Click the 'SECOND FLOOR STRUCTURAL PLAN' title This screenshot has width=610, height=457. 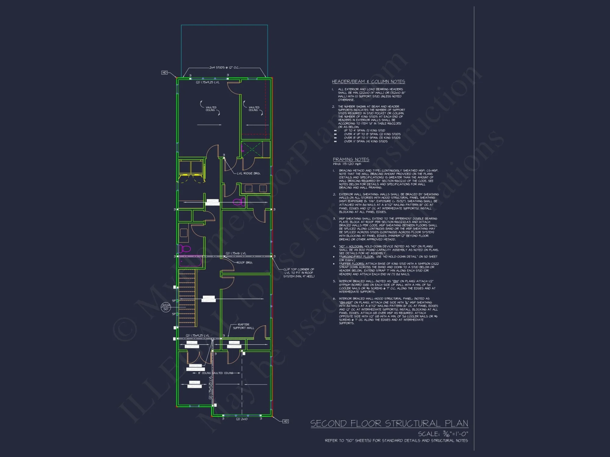click(x=389, y=423)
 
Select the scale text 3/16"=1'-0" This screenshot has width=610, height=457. click(x=443, y=434)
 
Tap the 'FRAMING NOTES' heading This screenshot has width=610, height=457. click(x=351, y=159)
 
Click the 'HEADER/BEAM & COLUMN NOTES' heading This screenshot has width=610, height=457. click(x=368, y=81)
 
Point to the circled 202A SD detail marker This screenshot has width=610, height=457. click(x=166, y=307)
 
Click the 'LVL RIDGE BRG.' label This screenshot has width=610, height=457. click(x=249, y=173)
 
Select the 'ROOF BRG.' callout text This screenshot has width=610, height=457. click(x=245, y=262)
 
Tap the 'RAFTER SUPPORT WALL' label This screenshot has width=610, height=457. click(x=243, y=326)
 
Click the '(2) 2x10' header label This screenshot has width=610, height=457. click(x=242, y=419)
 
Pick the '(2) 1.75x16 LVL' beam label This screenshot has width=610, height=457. click(x=236, y=253)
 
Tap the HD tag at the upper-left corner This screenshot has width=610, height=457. click(x=164, y=73)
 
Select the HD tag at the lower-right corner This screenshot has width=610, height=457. click(x=285, y=421)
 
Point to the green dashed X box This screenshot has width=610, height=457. click(x=252, y=149)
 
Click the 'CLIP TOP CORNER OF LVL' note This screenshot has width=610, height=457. click(x=299, y=273)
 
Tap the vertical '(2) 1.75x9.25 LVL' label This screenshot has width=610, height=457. click(x=210, y=388)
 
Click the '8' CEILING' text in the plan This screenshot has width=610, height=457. click(x=204, y=373)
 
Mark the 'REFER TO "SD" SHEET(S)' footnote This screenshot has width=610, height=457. click(x=396, y=441)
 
